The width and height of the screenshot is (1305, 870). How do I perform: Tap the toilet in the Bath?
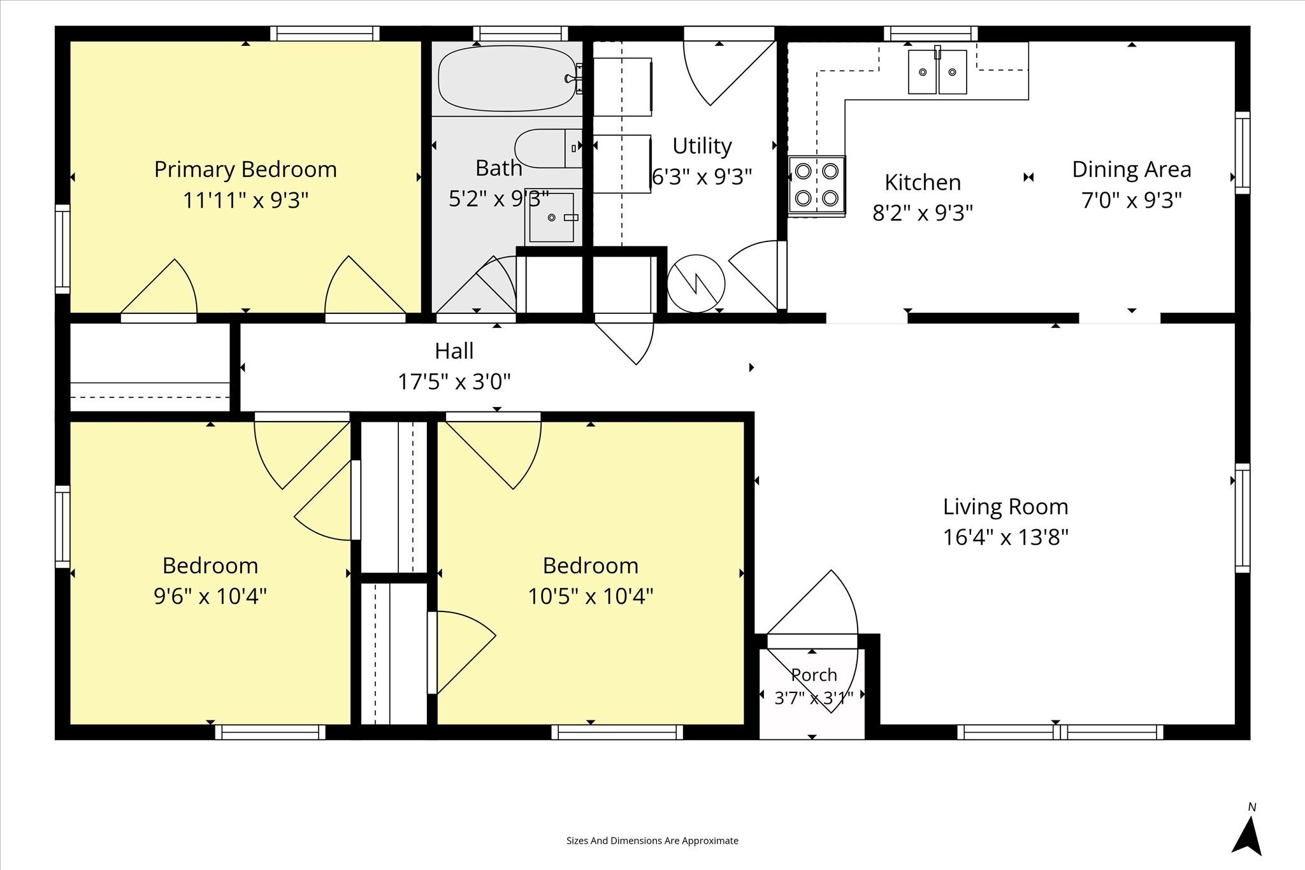pos(548,148)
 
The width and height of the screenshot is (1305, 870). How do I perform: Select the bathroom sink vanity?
pos(553,217)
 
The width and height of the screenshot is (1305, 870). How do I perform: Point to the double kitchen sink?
pos(937,71)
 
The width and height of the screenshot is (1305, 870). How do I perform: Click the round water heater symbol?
pos(696,283)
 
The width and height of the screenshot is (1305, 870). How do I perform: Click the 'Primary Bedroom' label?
pos(245,169)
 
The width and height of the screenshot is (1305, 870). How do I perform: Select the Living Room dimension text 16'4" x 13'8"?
pos(1006,537)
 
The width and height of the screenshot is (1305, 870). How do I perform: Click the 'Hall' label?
pos(454,351)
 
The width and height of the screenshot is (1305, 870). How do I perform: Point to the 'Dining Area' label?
pos(1132,169)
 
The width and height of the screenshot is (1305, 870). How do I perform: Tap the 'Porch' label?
pos(814,674)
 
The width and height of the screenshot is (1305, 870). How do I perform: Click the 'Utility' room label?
pos(702,146)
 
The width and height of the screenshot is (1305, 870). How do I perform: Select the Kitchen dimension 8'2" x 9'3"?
pos(923,213)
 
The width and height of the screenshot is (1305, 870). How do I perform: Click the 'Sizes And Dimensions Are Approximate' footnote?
pos(652,841)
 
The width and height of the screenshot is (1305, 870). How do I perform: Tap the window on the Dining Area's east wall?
pos(1243,153)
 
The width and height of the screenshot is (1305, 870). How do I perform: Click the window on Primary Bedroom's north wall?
pos(325,33)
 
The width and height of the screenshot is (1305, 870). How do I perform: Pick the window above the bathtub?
pos(521,33)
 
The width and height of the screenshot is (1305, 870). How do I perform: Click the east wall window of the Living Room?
pos(1243,518)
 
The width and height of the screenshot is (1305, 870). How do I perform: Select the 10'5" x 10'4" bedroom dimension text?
pos(591,596)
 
